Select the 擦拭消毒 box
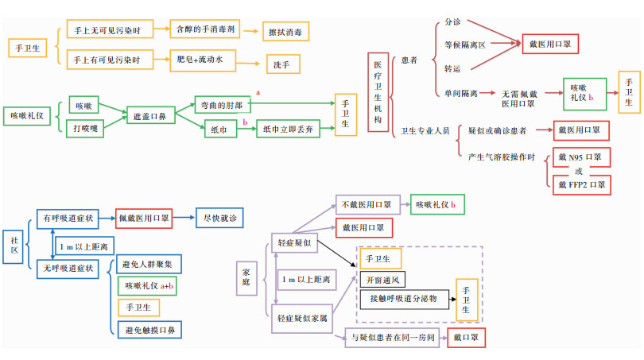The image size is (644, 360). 286,31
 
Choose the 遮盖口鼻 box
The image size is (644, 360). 149,116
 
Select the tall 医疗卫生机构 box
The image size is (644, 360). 378,91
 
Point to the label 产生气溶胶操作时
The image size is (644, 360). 502,157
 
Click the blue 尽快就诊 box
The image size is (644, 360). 219,217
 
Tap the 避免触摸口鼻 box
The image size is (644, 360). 150,329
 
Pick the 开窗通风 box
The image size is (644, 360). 380,280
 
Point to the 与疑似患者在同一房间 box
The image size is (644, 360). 393,337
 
